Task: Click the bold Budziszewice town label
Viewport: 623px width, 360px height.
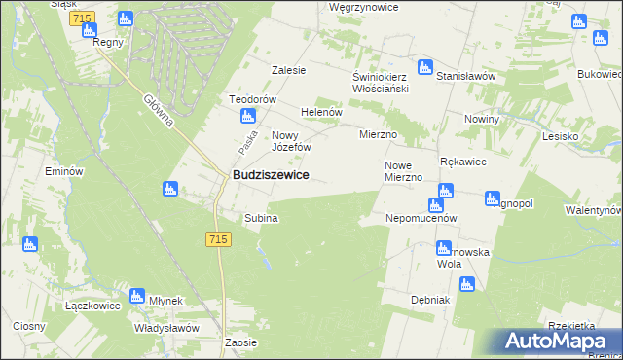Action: (271, 174)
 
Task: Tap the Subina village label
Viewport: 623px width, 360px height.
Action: (261, 219)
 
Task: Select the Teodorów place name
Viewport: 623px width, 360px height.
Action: (253, 100)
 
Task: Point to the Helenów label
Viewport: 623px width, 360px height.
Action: (321, 112)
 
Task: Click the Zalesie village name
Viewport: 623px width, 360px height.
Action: (288, 70)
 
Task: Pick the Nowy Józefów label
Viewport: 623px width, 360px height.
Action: (291, 141)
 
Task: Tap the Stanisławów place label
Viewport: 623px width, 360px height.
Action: (466, 76)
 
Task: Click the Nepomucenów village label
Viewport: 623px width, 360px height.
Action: (421, 219)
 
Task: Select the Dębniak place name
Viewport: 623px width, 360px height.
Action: (430, 300)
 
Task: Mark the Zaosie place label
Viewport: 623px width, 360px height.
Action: (240, 342)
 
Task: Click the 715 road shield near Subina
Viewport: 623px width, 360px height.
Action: (218, 239)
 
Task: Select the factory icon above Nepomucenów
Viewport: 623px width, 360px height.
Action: (434, 205)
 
